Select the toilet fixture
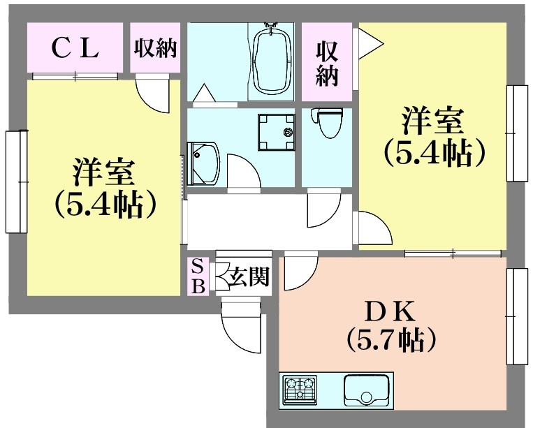pyautogui.click(x=325, y=123)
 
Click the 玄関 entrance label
pyautogui.click(x=249, y=277)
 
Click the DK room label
pyautogui.click(x=392, y=308)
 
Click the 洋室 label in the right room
pyautogui.click(x=433, y=120)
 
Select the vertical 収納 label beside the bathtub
pyautogui.click(x=327, y=63)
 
